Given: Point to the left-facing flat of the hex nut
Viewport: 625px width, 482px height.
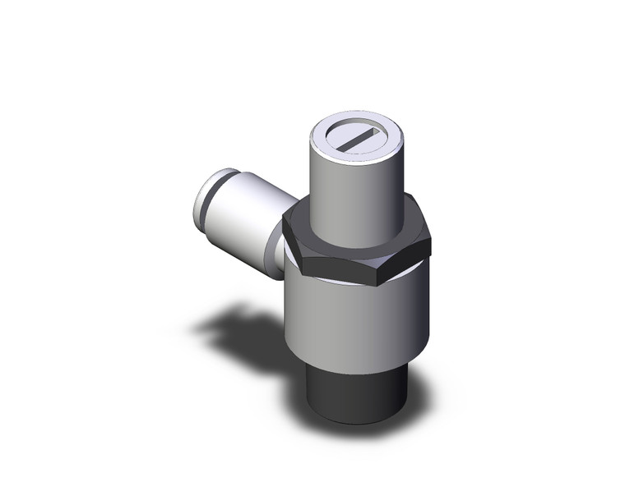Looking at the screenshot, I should click(290, 238).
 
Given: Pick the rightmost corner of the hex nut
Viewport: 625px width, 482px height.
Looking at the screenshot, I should click(430, 238).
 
